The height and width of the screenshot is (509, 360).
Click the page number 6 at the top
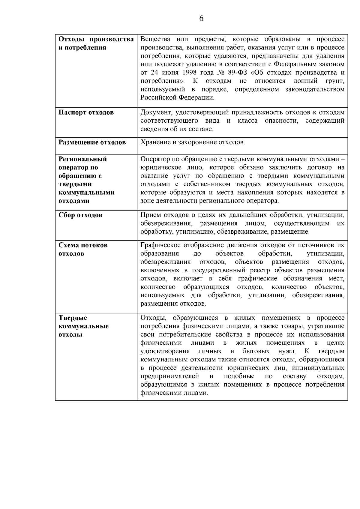click(x=201, y=19)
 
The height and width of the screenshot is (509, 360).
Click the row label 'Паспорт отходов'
click(x=86, y=112)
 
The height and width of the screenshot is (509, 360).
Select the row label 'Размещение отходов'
click(x=92, y=142)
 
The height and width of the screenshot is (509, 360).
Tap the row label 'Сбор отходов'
click(x=80, y=215)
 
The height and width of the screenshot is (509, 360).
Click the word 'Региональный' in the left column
click(x=83, y=159)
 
